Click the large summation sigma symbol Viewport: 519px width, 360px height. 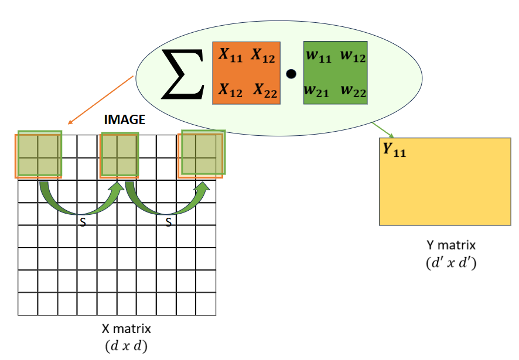(182, 74)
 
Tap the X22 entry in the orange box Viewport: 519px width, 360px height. (265, 90)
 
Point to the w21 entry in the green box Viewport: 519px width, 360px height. (317, 91)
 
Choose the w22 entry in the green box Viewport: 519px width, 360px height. (353, 91)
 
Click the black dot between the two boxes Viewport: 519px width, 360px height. (291, 74)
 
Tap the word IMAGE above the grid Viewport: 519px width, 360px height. (124, 120)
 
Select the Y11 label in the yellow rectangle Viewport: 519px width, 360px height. (394, 150)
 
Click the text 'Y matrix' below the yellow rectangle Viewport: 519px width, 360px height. (450, 245)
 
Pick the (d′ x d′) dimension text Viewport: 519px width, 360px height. (450, 262)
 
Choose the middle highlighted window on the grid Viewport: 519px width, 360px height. (119, 155)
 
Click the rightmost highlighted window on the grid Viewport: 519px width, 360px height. (200, 155)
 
